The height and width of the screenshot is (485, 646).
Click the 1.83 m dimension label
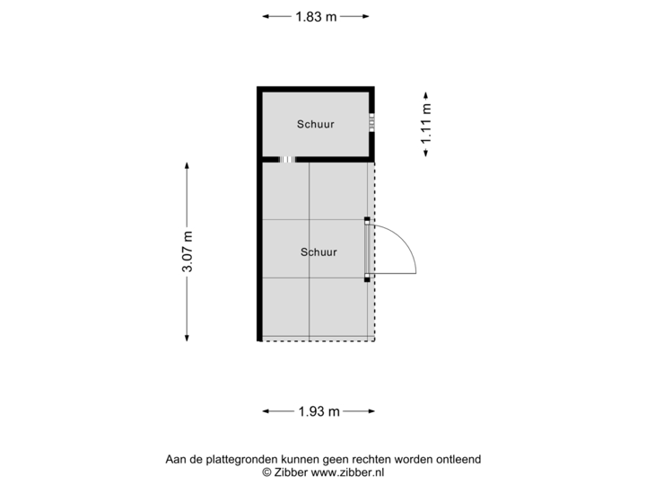[x=317, y=16]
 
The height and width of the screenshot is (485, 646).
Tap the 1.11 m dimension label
[x=426, y=124]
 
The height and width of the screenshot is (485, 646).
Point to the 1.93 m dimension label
[x=319, y=411]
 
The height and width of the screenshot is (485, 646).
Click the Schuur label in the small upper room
[x=315, y=124]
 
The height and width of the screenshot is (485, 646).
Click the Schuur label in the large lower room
[x=319, y=252]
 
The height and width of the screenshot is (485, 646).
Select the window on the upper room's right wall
[x=372, y=122]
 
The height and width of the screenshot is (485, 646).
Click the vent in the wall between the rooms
[x=287, y=159]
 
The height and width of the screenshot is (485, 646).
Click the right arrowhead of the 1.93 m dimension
[x=371, y=411]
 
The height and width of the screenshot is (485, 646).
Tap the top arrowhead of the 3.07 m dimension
[x=188, y=166]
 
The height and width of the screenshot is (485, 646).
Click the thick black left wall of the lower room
[x=258, y=251]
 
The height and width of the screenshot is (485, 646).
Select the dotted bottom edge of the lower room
[x=319, y=340]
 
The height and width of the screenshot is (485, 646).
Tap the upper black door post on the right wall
[x=367, y=219]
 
